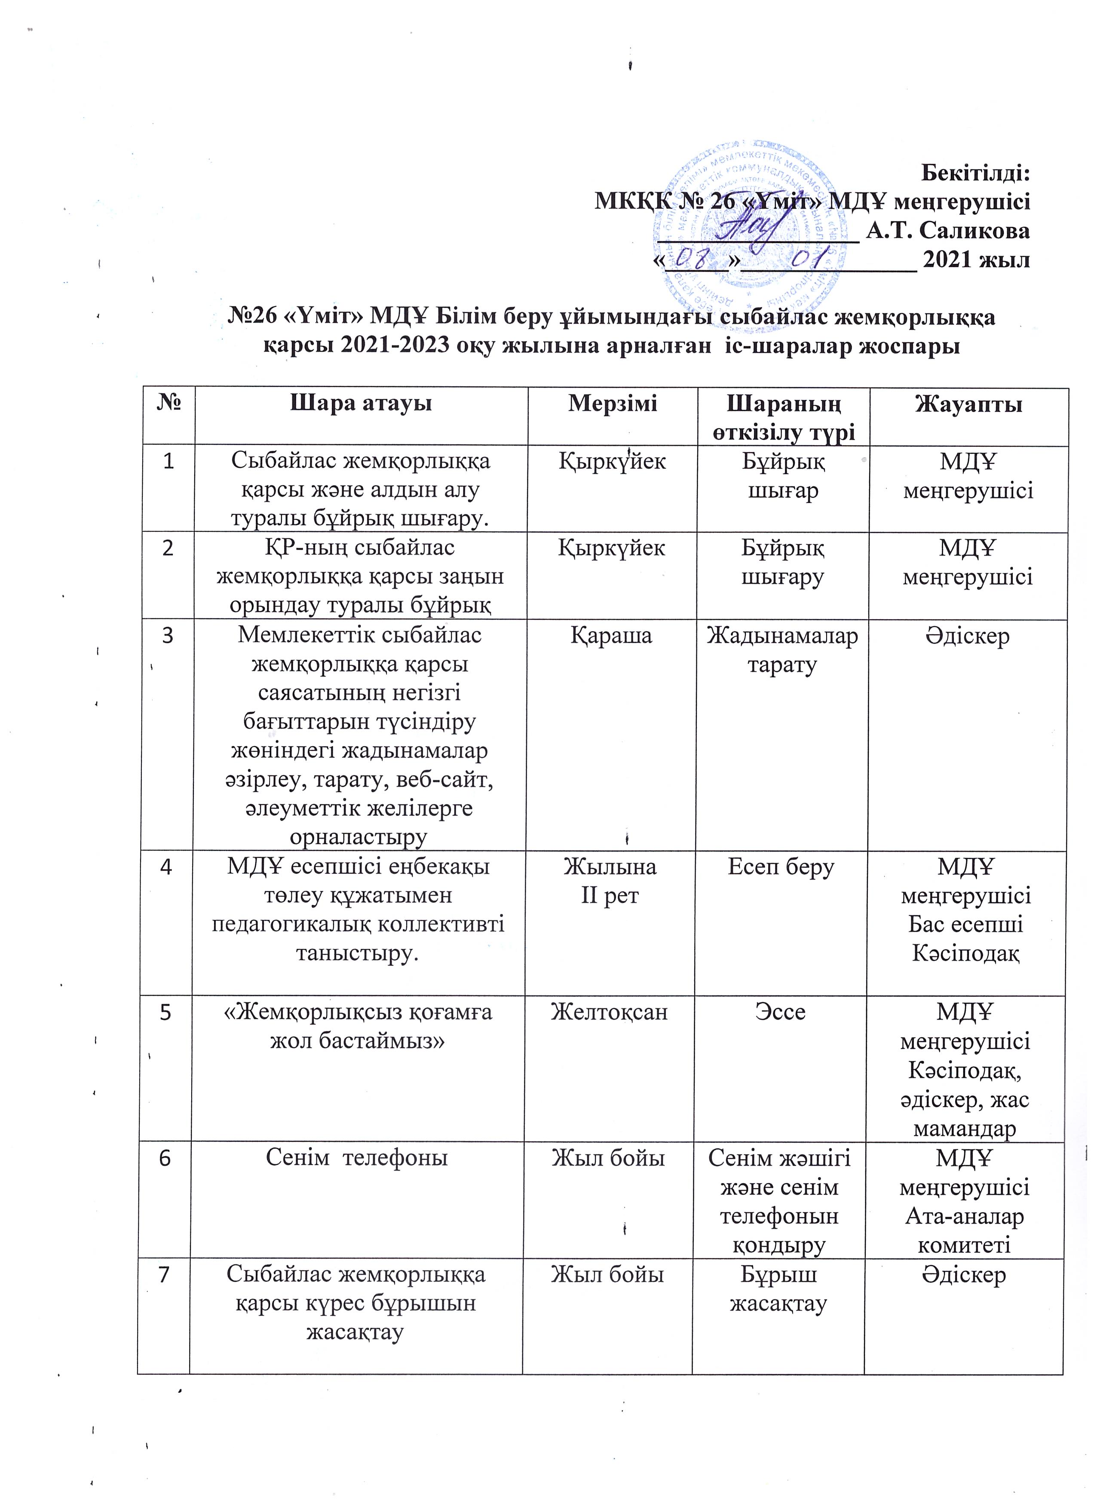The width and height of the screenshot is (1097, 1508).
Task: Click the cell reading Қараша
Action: click(x=611, y=636)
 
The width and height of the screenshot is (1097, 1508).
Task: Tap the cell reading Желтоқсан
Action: click(x=610, y=1012)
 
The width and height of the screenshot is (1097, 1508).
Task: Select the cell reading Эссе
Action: click(x=781, y=1012)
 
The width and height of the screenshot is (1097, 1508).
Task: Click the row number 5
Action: click(x=165, y=1012)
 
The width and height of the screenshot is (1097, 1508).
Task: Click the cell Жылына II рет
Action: click(x=610, y=881)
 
